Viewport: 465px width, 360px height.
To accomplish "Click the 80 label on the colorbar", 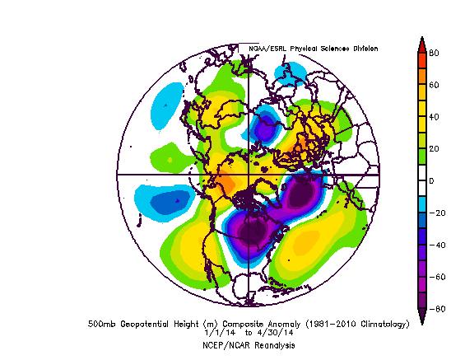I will [434, 53].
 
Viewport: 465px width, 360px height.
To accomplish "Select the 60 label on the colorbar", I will [434, 85].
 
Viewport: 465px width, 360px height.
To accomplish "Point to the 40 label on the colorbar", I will [434, 117].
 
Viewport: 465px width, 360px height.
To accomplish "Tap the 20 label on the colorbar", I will [434, 149].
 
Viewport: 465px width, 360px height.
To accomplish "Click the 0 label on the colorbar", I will [431, 180].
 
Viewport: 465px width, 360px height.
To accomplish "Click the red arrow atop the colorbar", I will [421, 44].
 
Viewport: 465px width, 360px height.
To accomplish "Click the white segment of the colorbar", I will [421, 180].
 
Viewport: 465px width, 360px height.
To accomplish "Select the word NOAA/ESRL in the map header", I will [268, 49].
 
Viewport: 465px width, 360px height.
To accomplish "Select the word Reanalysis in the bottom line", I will [274, 345].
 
